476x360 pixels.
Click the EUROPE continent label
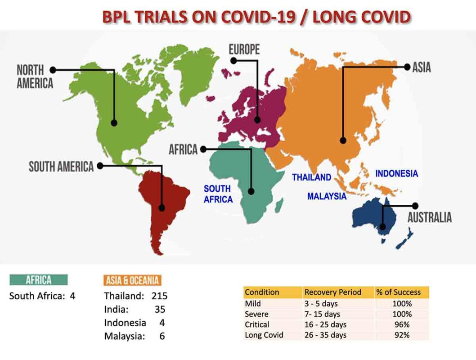244,49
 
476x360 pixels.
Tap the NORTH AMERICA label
35,76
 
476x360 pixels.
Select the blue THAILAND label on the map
311,177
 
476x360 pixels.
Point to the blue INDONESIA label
396,173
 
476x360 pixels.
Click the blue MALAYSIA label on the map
327,196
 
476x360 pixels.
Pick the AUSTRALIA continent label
429,217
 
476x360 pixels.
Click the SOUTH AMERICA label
61,166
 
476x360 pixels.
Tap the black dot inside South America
162,208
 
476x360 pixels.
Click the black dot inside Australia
383,226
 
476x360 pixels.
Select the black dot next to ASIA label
407,67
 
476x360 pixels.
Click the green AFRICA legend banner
39,280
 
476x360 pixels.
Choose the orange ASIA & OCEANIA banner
132,280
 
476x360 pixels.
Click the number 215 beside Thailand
159,296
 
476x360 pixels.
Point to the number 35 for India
160,309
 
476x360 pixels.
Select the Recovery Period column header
333,292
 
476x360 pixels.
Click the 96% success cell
402,324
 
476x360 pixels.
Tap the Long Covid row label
264,335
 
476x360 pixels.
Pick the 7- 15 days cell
322,314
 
